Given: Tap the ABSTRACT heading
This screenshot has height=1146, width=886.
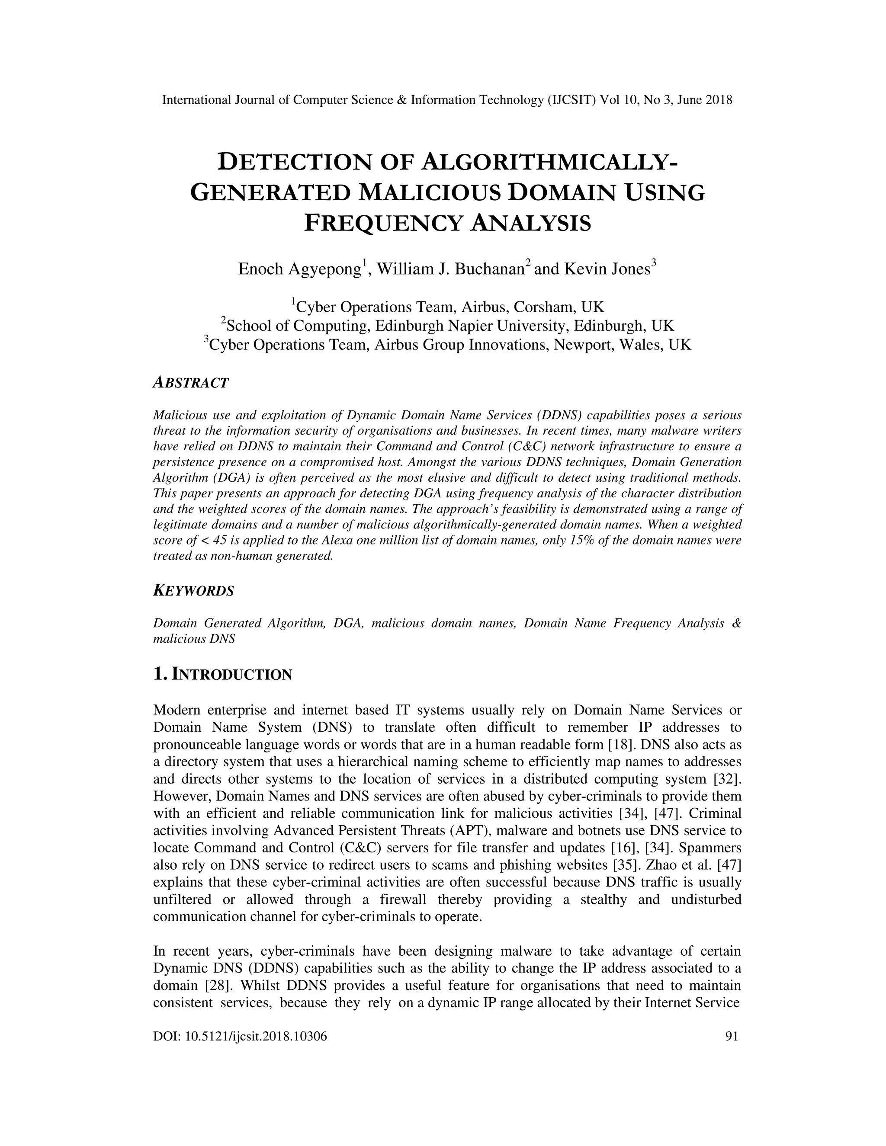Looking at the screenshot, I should tap(190, 383).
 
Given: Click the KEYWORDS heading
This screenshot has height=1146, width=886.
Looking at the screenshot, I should tap(193, 591).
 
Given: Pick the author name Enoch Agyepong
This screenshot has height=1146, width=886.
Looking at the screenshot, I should tap(300, 269).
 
